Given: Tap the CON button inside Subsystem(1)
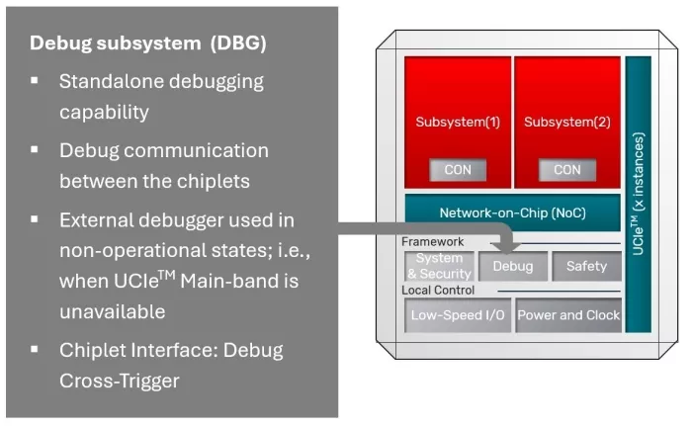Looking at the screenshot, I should [x=458, y=169].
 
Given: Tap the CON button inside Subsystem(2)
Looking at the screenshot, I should [x=567, y=169].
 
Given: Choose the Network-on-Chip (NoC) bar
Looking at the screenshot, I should [x=512, y=213].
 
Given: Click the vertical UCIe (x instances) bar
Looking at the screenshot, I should [x=639, y=193].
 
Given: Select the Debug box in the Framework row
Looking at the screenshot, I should [x=513, y=266].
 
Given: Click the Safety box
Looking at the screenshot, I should [x=586, y=266].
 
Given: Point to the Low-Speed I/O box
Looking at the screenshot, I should [x=457, y=315].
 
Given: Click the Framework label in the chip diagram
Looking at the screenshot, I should [x=432, y=241].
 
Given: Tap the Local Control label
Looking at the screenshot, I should [x=438, y=291].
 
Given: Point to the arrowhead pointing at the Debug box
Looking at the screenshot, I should [x=504, y=248].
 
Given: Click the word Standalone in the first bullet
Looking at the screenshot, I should [x=111, y=82].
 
